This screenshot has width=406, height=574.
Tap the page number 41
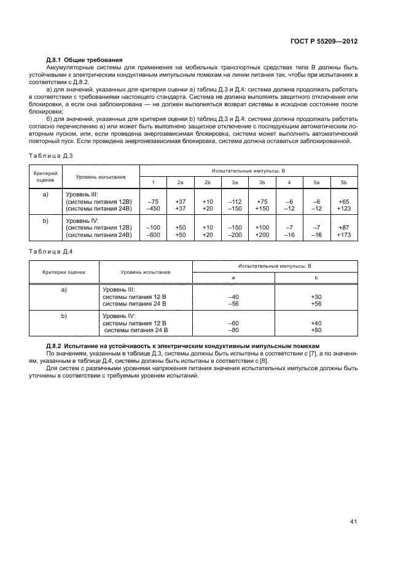tap(353, 521)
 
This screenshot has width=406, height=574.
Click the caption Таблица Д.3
tap(51, 156)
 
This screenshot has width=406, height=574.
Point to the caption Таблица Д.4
tap(51, 250)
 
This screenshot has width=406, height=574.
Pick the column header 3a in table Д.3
tap(235, 183)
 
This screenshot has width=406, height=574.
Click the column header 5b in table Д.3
tap(343, 183)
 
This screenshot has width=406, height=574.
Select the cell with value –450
tap(154, 208)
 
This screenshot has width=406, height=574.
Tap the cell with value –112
tap(235, 201)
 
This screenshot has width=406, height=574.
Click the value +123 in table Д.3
tap(343, 208)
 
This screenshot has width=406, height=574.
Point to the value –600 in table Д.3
tap(154, 234)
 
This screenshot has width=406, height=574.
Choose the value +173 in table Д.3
tap(343, 234)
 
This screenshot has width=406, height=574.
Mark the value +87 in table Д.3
tap(343, 227)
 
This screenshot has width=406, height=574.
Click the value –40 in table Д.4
tap(233, 297)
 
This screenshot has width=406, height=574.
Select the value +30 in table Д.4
tap(316, 297)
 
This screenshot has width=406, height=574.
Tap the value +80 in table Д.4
tap(316, 330)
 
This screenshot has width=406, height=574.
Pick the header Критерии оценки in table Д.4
tap(64, 271)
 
